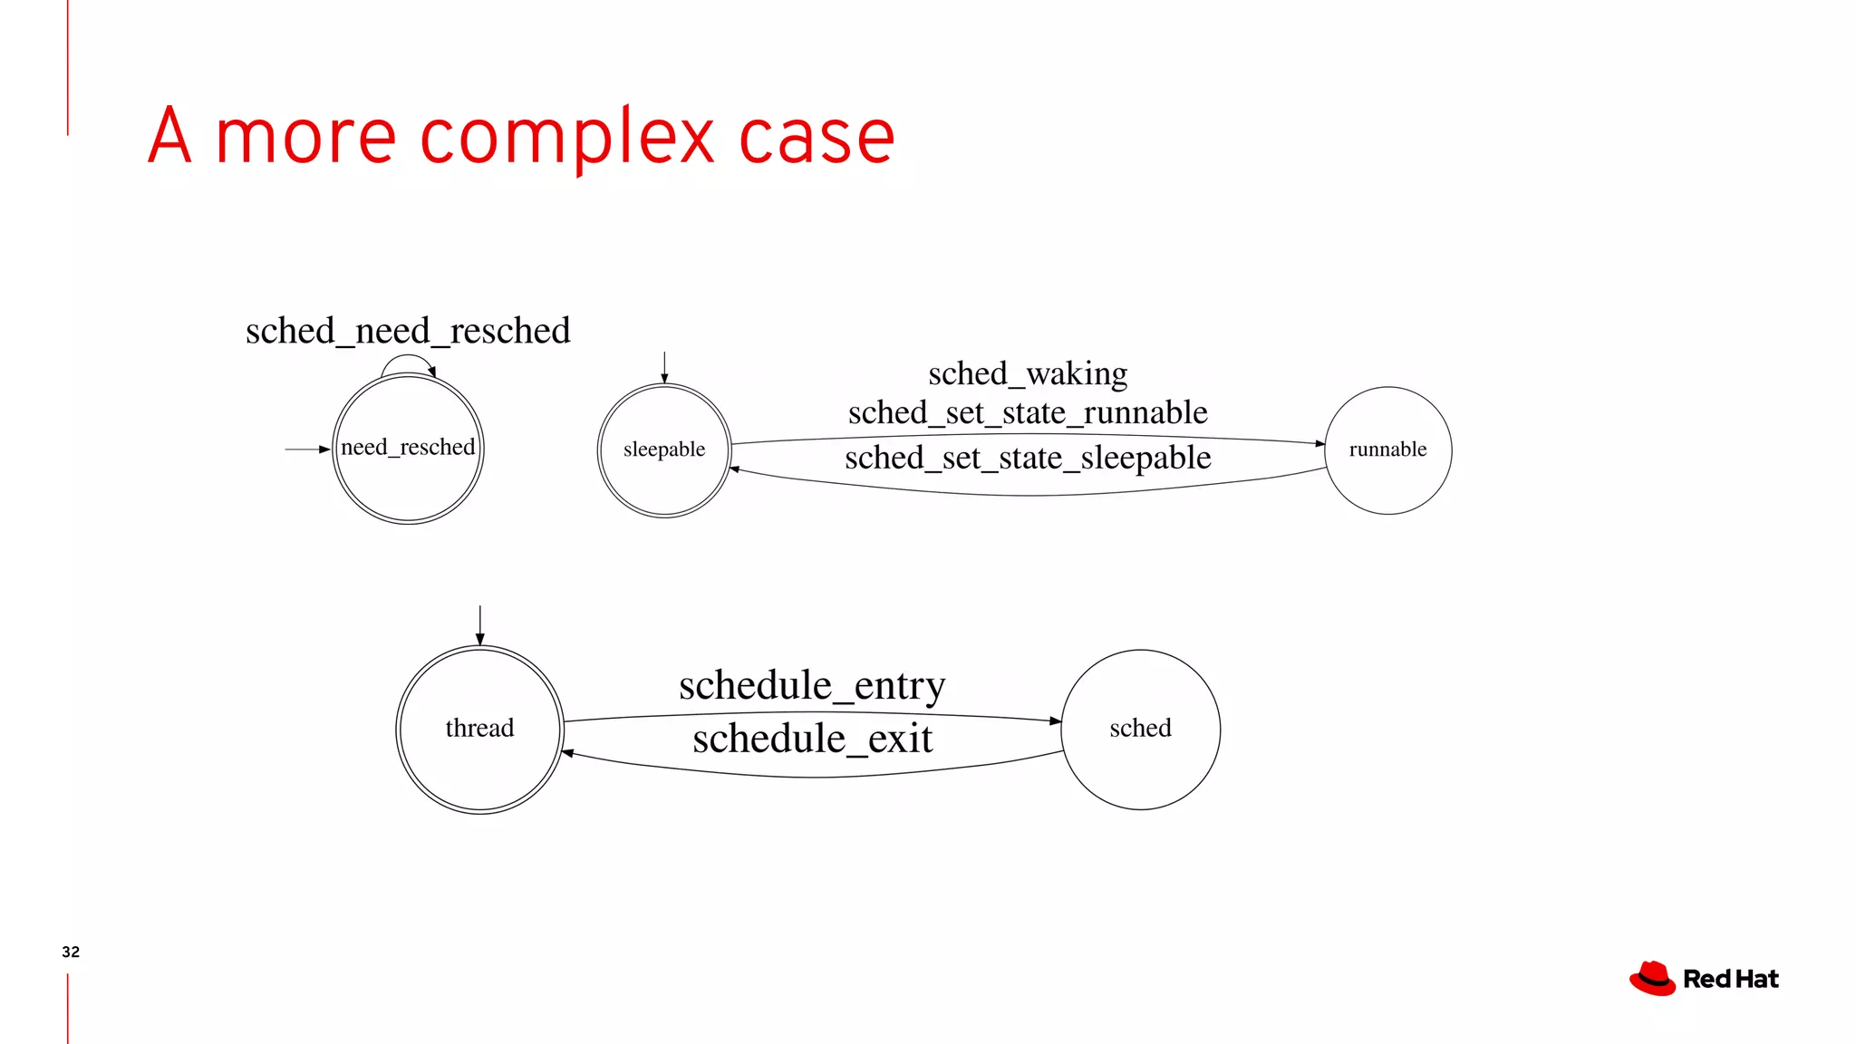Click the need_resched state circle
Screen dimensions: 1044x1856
(x=408, y=449)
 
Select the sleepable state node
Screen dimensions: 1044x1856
(x=664, y=450)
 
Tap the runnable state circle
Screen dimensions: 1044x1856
(x=1387, y=450)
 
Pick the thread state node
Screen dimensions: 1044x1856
(x=479, y=730)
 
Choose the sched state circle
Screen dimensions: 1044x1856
(x=1140, y=730)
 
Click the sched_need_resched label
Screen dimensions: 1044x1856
(x=408, y=331)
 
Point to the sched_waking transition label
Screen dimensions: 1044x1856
(x=1028, y=373)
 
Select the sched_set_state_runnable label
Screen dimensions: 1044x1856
(x=1028, y=413)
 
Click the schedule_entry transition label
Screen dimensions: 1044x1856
(x=812, y=686)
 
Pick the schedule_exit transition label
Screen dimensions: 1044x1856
(x=812, y=739)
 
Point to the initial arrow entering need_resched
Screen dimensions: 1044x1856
(x=307, y=449)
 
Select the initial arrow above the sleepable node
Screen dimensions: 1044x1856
(x=664, y=367)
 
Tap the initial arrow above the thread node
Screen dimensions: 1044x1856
(x=479, y=624)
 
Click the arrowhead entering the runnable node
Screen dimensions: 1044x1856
(x=1320, y=443)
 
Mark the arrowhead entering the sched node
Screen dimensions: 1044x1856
(x=1056, y=721)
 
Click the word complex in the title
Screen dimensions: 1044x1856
(x=567, y=138)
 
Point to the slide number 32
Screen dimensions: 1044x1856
(x=71, y=952)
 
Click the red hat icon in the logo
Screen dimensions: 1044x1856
(x=1652, y=979)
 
